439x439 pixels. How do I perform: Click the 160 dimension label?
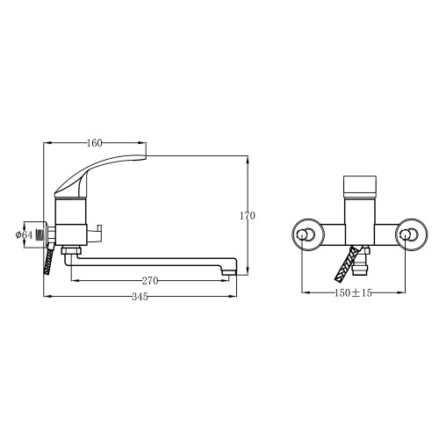(x=95, y=143)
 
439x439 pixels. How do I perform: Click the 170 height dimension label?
(x=248, y=216)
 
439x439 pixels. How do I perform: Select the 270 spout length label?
(x=150, y=281)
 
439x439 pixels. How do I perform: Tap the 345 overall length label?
(x=140, y=297)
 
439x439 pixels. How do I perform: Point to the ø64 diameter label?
(x=24, y=234)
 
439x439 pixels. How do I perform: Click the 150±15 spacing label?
(x=353, y=292)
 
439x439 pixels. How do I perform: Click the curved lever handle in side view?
(x=97, y=175)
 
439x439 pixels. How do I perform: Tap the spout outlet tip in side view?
(x=229, y=273)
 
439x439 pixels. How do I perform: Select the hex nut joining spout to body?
(x=71, y=251)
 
